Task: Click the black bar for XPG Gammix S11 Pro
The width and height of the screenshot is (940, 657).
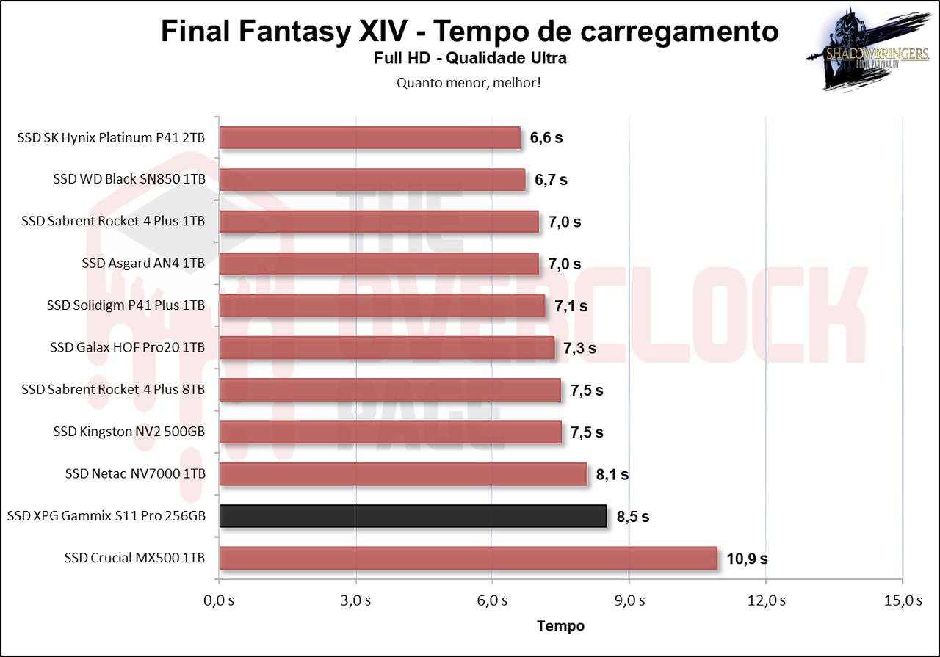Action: [413, 516]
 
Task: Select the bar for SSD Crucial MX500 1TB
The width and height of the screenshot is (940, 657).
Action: [468, 558]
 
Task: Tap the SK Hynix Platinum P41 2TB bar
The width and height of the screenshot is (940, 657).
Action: [370, 137]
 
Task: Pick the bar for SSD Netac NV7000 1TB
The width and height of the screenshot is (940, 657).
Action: [403, 474]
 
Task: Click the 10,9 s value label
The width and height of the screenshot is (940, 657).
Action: [747, 559]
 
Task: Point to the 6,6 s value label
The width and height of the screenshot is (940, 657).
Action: [546, 138]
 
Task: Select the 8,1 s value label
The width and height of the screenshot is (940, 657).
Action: [612, 475]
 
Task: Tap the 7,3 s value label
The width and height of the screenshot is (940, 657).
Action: [579, 349]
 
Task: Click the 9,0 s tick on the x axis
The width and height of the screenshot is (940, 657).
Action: [629, 601]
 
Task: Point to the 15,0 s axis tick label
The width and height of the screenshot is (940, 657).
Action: [903, 601]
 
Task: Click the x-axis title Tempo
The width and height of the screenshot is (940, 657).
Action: [561, 625]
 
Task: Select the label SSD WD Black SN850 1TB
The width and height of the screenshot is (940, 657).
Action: [129, 179]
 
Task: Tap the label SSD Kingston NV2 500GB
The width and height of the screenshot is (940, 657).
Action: [129, 432]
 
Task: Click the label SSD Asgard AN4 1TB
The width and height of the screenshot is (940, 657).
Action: [143, 264]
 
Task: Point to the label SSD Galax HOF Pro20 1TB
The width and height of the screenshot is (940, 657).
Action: [127, 347]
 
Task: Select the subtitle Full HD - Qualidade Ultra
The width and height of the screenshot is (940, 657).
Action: [470, 58]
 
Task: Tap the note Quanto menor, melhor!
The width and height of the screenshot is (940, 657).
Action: [469, 82]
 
